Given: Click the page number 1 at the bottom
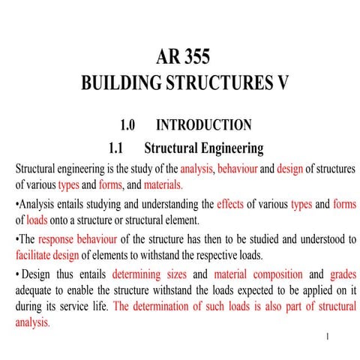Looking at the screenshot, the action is [328, 337].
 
